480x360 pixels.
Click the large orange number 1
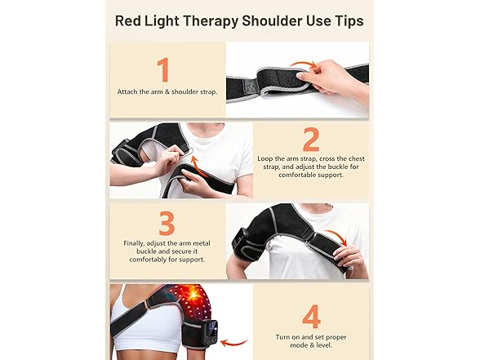pos(164,70)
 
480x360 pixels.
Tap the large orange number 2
pos(311,140)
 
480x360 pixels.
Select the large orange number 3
pos(167,223)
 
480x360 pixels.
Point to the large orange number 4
pos(311,317)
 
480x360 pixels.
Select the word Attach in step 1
pos(127,91)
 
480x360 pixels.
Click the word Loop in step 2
pos(264,159)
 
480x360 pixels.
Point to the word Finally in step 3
pos(134,243)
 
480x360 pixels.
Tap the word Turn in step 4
pos(283,337)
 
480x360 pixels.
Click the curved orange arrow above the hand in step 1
pos(303,64)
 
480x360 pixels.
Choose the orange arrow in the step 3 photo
pos(336,235)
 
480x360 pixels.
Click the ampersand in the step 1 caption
pos(167,91)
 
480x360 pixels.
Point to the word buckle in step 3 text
pos(146,251)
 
